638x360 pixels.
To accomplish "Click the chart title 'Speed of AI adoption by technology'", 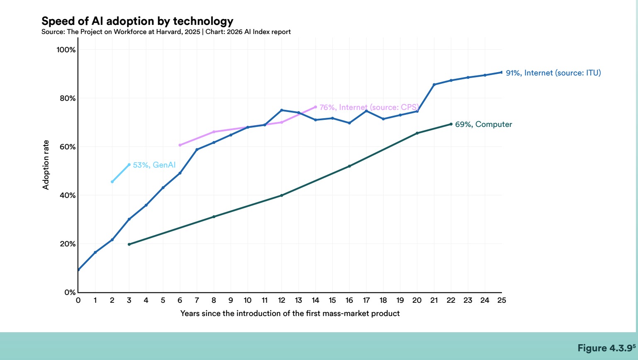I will pyautogui.click(x=137, y=21).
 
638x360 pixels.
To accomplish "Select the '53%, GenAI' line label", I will pyautogui.click(x=154, y=165).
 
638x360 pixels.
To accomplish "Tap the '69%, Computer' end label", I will pyautogui.click(x=483, y=124).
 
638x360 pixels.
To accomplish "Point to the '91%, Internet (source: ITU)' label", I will pyautogui.click(x=553, y=73).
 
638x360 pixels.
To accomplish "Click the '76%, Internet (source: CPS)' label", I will pyautogui.click(x=369, y=107).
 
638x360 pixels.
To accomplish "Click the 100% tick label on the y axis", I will pyautogui.click(x=66, y=50).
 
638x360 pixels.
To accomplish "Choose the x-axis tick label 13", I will pyautogui.click(x=298, y=300).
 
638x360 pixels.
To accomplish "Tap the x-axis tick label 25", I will pyautogui.click(x=502, y=300).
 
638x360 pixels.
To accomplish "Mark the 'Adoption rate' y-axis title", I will pyautogui.click(x=46, y=165).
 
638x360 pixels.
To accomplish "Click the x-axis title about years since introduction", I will pyautogui.click(x=290, y=314).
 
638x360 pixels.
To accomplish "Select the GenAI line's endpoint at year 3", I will pyautogui.click(x=129, y=165).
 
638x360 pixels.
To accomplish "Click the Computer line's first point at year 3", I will pyautogui.click(x=129, y=244).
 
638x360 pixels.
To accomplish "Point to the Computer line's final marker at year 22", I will pyautogui.click(x=451, y=124).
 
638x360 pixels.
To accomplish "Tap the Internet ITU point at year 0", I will pyautogui.click(x=78, y=270).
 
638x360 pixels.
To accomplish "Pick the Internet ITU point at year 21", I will pyautogui.click(x=434, y=85).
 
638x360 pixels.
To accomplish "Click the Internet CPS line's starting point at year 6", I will pyautogui.click(x=180, y=145).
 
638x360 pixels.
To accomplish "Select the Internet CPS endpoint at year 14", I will pyautogui.click(x=316, y=107).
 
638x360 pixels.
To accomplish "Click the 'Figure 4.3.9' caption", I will pyautogui.click(x=606, y=348).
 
